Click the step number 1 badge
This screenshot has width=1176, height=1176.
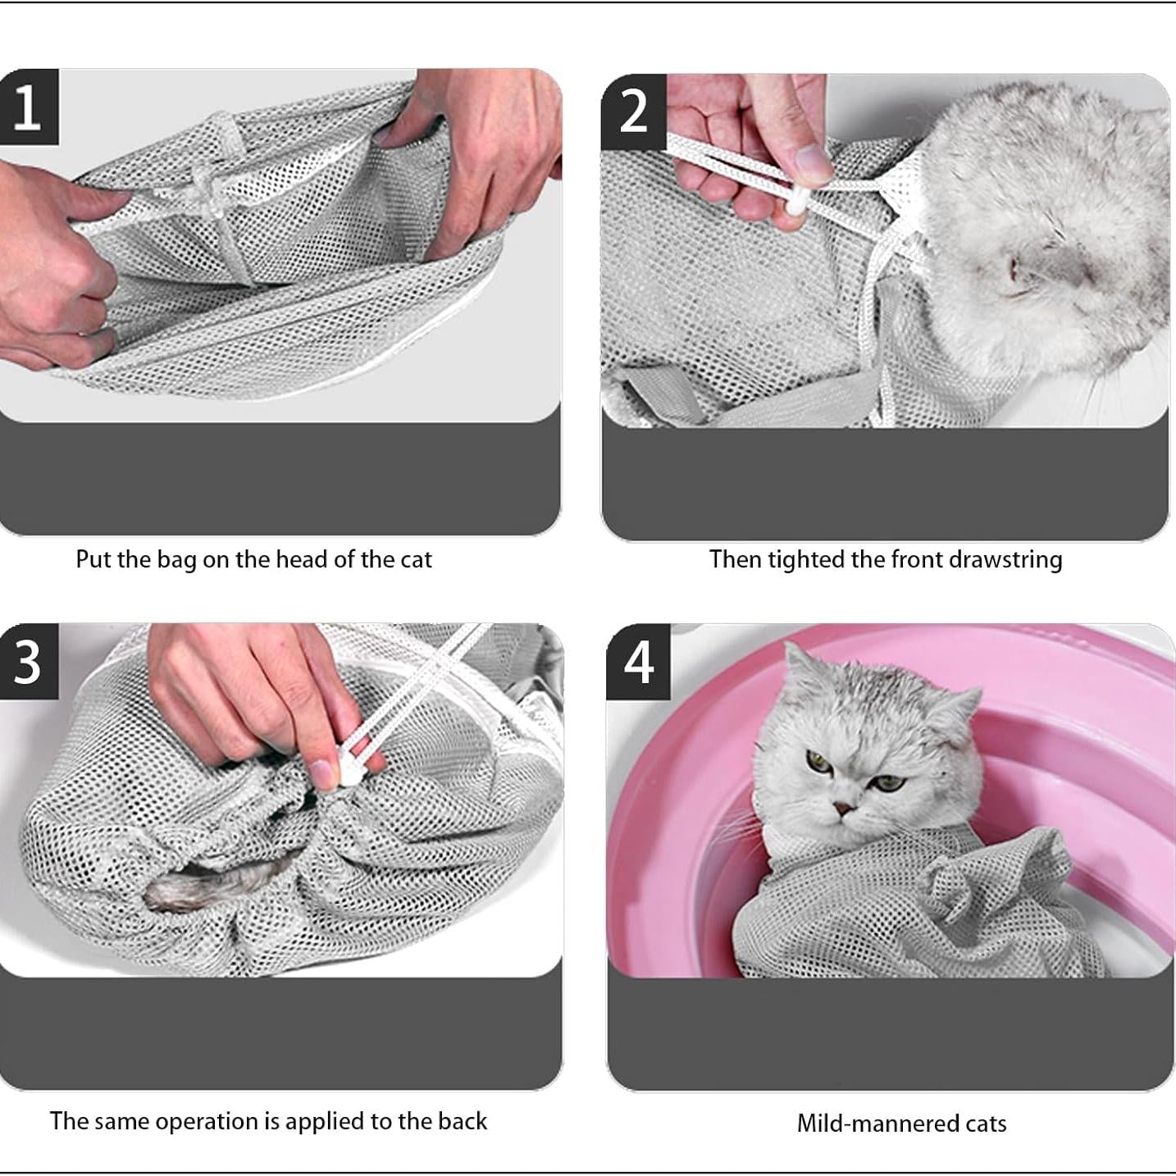click(28, 107)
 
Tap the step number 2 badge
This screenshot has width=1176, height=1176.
click(632, 112)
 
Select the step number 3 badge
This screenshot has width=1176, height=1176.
click(28, 661)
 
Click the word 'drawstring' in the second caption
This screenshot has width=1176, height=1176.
click(1005, 560)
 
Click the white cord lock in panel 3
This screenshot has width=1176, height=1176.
click(348, 774)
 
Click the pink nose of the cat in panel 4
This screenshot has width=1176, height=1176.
click(842, 809)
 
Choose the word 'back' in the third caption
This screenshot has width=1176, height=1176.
click(463, 1121)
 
